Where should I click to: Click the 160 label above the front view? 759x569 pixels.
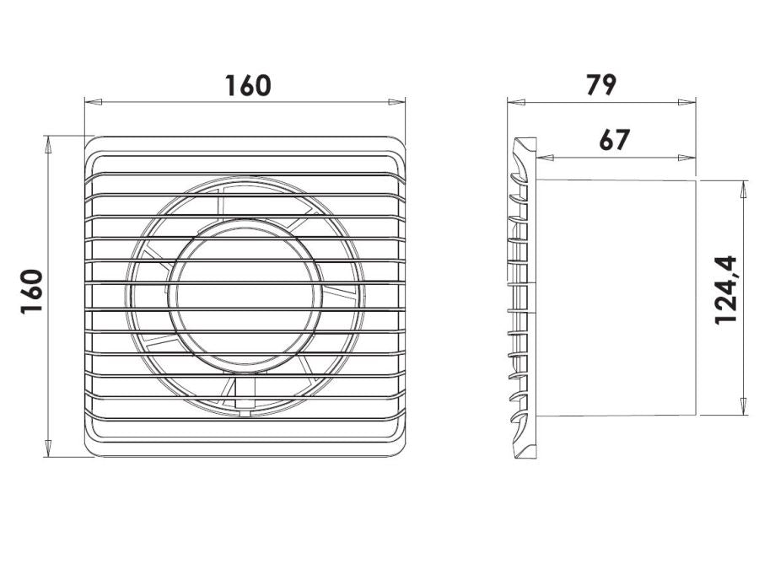tap(248, 85)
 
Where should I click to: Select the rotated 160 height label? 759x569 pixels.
tap(32, 292)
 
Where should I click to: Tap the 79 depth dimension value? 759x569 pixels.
tap(601, 84)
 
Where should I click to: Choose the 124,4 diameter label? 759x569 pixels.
tap(725, 290)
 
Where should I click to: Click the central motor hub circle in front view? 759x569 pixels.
tap(246, 293)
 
